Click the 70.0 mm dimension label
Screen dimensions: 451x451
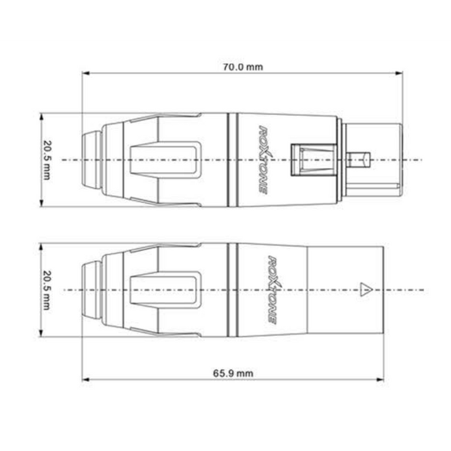click(243, 67)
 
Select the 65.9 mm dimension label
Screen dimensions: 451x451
click(233, 373)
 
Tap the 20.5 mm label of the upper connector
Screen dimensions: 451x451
click(46, 160)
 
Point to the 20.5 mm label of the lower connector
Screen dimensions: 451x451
click(46, 290)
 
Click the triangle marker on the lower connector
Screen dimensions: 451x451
click(366, 289)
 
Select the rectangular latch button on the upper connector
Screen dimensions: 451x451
click(314, 160)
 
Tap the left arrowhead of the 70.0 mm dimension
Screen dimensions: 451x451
click(86, 73)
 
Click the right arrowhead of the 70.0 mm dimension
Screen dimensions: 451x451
click(399, 73)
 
